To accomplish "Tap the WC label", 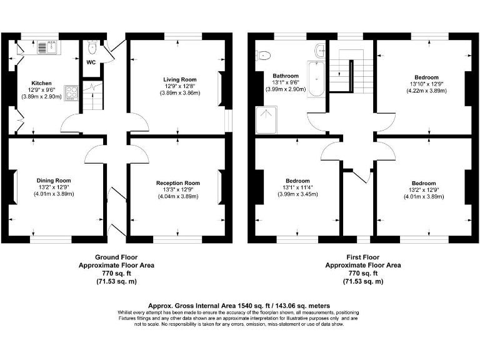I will (x=91, y=62).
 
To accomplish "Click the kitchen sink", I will (x=47, y=46).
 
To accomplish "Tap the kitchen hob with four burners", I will (x=71, y=94).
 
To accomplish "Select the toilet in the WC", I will (x=92, y=47).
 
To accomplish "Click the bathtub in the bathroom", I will (x=316, y=81).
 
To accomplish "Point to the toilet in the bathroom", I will (x=262, y=54).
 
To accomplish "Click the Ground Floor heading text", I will (x=116, y=257).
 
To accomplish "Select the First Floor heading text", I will (x=364, y=257).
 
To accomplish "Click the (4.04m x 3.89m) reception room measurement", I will (x=177, y=196).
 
